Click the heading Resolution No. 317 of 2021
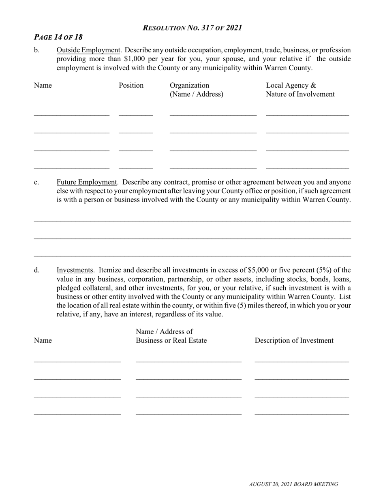click(x=192, y=28)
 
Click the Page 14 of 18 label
click(x=58, y=37)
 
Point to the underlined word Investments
click(x=75, y=270)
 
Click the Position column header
click(x=131, y=86)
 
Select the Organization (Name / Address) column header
click(x=196, y=90)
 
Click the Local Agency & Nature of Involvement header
click(x=300, y=90)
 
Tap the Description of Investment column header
click(x=294, y=340)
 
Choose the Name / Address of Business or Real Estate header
click(x=171, y=336)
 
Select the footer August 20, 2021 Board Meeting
click(x=293, y=484)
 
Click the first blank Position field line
click(x=136, y=115)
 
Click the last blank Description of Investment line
click(x=302, y=414)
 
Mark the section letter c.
click(x=36, y=182)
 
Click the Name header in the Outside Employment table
click(x=43, y=86)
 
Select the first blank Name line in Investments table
click(x=77, y=360)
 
